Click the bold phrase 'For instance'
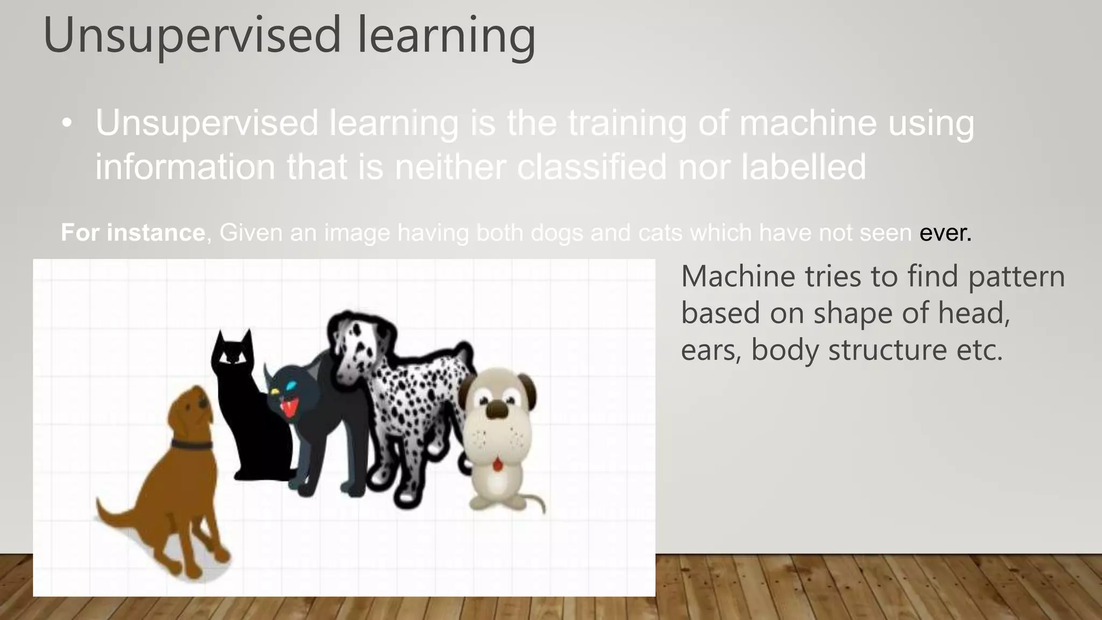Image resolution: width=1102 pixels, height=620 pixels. tap(132, 232)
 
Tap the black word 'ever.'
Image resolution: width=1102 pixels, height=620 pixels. tap(945, 232)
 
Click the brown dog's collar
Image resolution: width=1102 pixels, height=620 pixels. tap(192, 445)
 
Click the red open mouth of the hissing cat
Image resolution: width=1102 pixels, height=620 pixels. tap(289, 408)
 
